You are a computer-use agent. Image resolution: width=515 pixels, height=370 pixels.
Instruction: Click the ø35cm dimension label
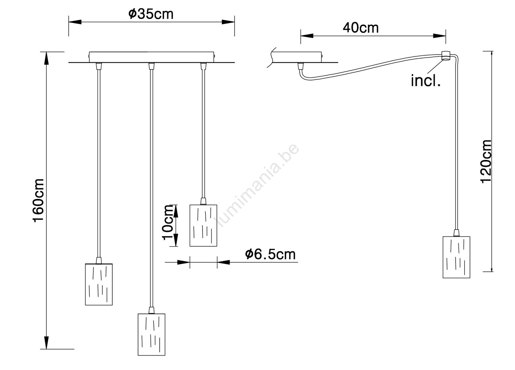point(151,14)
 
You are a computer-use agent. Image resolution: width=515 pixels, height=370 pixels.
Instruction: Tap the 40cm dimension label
point(360,28)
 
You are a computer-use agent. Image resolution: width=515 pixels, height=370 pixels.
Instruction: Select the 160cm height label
point(38,200)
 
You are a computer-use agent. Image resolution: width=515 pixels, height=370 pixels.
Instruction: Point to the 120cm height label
point(486,161)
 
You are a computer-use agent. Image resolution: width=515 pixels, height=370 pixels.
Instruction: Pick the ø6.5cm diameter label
point(270,254)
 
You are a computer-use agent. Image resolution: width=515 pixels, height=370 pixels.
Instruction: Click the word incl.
point(426,81)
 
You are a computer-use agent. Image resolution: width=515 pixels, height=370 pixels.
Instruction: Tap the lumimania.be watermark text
point(256,185)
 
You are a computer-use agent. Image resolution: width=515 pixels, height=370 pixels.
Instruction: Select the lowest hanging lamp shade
point(151,334)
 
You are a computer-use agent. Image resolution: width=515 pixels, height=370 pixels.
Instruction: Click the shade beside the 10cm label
point(203,225)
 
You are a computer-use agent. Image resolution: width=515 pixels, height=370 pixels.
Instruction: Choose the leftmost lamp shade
point(99,284)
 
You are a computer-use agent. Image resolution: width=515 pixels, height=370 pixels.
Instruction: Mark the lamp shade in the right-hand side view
point(456,257)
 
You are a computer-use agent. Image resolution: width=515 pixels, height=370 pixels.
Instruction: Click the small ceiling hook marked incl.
point(446,56)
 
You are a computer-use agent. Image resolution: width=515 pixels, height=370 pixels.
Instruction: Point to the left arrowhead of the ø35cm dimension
point(75,22)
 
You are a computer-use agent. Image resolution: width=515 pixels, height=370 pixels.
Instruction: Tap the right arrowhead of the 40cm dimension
point(439,36)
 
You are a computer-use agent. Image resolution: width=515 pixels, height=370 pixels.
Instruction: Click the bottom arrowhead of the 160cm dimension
point(46,343)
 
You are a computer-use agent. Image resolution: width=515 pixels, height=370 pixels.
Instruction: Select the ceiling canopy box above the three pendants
point(151,57)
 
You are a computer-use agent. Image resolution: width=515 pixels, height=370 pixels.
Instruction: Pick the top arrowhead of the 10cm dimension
point(175,211)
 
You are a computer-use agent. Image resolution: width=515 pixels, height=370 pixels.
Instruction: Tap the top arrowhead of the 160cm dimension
point(46,58)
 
